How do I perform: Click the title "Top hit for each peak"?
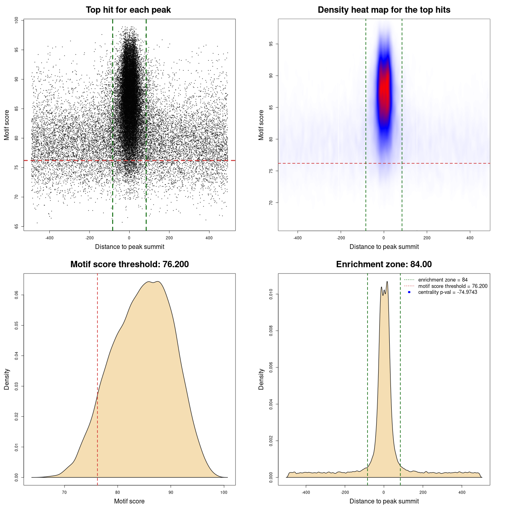(x=128, y=10)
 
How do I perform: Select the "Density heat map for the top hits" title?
(x=384, y=10)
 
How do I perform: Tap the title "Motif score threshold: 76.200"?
(x=129, y=264)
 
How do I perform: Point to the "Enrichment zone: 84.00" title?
(x=384, y=264)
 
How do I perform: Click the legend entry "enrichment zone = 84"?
(x=443, y=280)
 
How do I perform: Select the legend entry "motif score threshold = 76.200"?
(x=453, y=286)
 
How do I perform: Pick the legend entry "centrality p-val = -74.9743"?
(x=447, y=292)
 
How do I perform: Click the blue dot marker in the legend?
(x=409, y=292)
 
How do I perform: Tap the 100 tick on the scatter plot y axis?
(x=17, y=20)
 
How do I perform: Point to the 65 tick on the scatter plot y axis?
(x=17, y=226)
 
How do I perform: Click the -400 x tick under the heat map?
(x=297, y=238)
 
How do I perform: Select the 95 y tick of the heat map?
(x=271, y=44)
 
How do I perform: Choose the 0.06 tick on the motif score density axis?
(x=17, y=295)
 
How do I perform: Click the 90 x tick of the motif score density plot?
(x=171, y=492)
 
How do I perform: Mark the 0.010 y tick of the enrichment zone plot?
(x=271, y=294)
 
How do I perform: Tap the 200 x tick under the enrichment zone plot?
(x=423, y=492)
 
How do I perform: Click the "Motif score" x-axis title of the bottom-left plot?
(x=129, y=501)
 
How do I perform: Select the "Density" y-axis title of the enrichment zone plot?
(x=261, y=379)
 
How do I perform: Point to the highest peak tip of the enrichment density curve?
(x=387, y=282)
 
